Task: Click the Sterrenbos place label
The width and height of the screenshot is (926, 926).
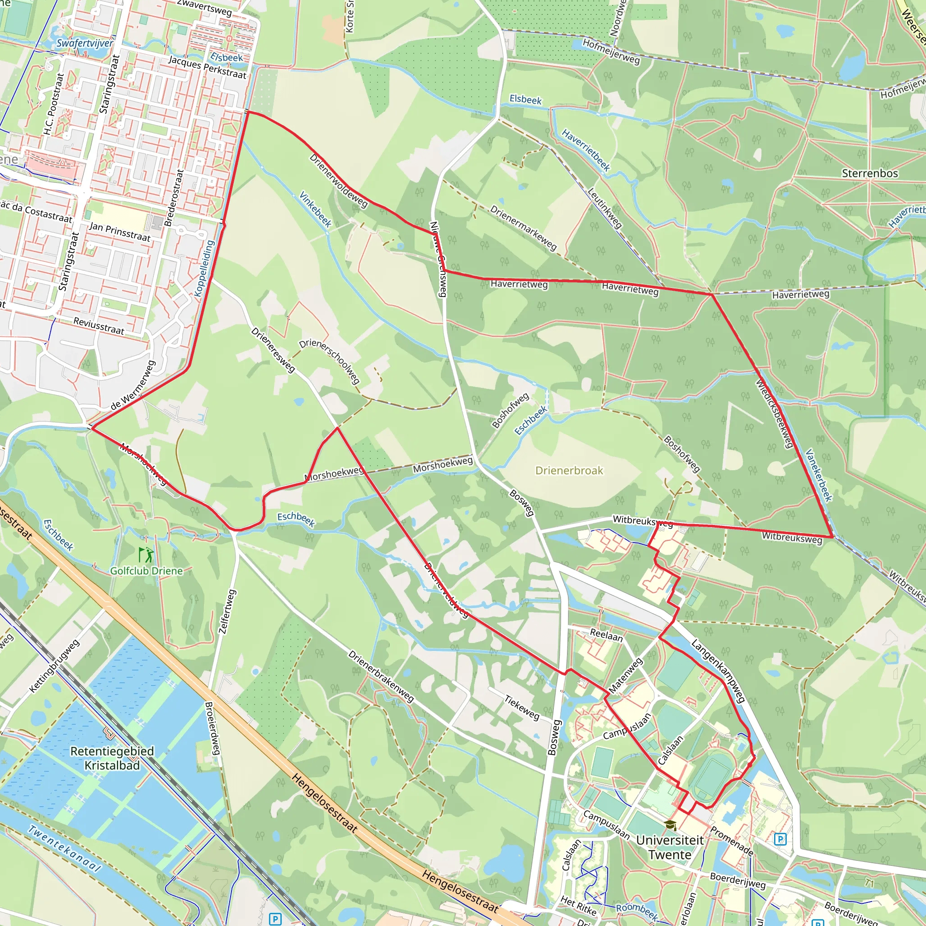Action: [869, 174]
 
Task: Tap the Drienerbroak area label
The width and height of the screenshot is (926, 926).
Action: [569, 471]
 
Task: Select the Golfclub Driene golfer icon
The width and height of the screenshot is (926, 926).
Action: [146, 555]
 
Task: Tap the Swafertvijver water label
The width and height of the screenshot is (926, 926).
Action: [85, 43]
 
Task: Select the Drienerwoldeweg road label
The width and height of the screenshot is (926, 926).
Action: [338, 181]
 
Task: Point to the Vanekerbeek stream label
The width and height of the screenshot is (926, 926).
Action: [819, 475]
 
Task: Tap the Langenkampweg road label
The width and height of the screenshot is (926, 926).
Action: [718, 671]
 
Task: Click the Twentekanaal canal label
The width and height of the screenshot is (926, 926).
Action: [64, 848]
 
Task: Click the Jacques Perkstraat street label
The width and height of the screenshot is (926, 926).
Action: [207, 67]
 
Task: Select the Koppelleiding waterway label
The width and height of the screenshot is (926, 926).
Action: [204, 269]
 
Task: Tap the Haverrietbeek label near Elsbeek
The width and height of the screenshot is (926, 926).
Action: [586, 150]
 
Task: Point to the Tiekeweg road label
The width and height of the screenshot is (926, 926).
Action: [522, 707]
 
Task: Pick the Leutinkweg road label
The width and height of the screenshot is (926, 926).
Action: [605, 208]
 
